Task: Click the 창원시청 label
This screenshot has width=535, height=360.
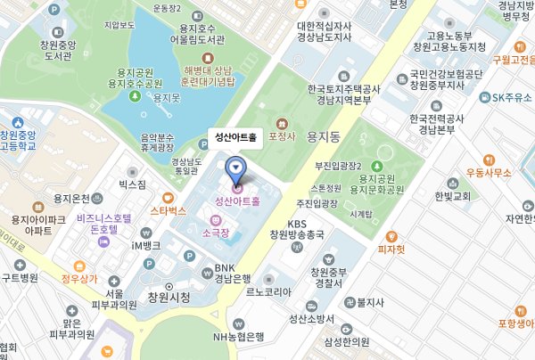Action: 169,297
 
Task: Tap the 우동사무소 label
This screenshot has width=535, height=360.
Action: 487,171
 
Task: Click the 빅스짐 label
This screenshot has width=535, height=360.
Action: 132,183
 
